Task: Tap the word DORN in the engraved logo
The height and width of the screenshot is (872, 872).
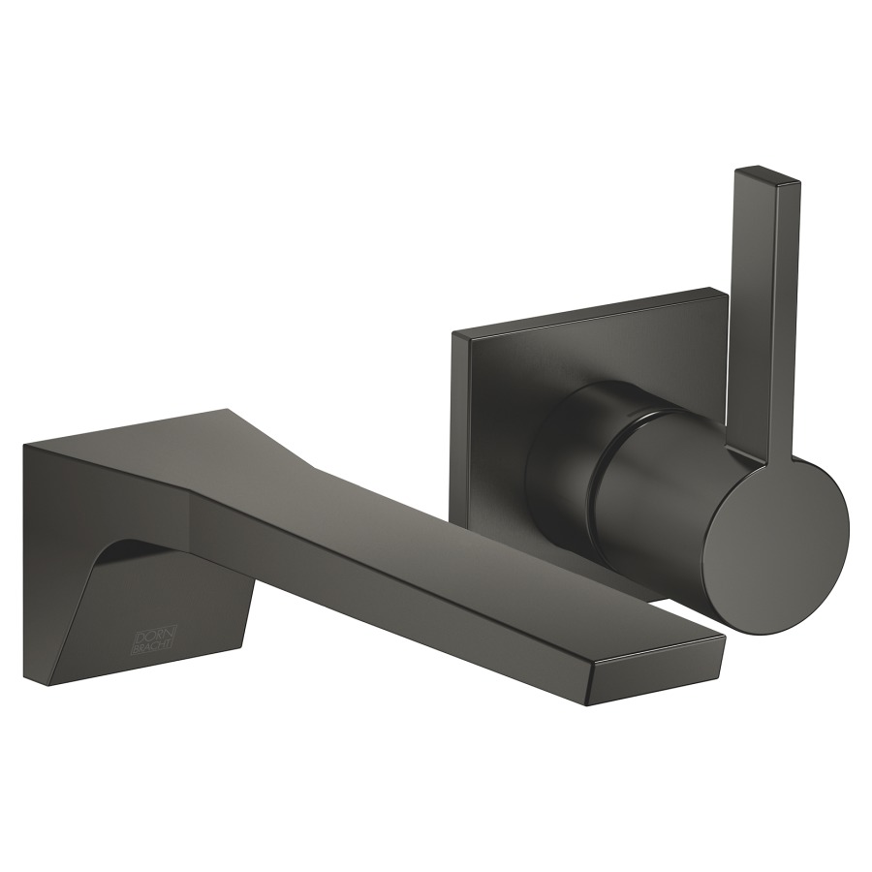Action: click(151, 635)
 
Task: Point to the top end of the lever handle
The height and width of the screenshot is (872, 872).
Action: click(768, 173)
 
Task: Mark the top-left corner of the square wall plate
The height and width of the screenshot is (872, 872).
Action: click(453, 332)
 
